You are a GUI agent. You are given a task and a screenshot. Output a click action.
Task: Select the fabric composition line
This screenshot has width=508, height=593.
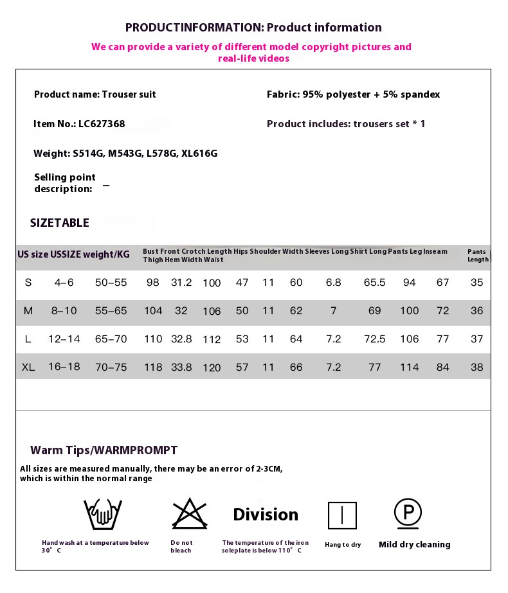click(x=353, y=94)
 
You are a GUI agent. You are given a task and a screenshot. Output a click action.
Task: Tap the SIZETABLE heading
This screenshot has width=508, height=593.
click(x=60, y=223)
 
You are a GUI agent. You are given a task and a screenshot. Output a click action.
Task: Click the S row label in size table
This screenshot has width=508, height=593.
click(x=28, y=283)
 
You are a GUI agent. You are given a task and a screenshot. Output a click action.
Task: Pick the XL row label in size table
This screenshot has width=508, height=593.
click(x=28, y=367)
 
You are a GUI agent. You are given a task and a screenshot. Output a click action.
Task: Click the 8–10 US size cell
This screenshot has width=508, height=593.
click(x=64, y=311)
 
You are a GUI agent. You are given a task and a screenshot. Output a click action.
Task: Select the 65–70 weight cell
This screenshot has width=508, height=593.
click(x=111, y=339)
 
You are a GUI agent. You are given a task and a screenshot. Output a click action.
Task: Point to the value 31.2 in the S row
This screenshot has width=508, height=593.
click(x=181, y=283)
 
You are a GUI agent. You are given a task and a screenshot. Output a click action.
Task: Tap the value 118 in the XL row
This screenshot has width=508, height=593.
click(x=153, y=367)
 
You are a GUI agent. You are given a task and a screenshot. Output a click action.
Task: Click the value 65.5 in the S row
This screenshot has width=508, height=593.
click(x=374, y=283)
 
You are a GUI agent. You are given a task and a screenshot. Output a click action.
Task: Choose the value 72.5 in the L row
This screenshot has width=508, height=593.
click(x=374, y=339)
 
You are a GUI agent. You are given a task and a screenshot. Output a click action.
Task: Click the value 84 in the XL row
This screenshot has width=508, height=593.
click(x=442, y=367)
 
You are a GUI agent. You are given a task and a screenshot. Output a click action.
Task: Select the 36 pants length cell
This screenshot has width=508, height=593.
click(x=476, y=311)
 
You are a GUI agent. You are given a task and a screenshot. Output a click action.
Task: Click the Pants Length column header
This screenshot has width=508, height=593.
click(x=478, y=256)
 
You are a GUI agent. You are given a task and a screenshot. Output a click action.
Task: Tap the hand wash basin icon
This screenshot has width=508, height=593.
click(x=103, y=514)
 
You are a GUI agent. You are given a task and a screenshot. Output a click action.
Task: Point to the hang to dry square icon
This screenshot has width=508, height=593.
click(x=342, y=515)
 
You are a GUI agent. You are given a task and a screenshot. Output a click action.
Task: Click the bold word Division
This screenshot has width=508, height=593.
click(x=266, y=515)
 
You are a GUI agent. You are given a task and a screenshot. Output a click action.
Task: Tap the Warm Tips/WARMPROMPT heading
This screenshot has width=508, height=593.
click(x=104, y=450)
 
